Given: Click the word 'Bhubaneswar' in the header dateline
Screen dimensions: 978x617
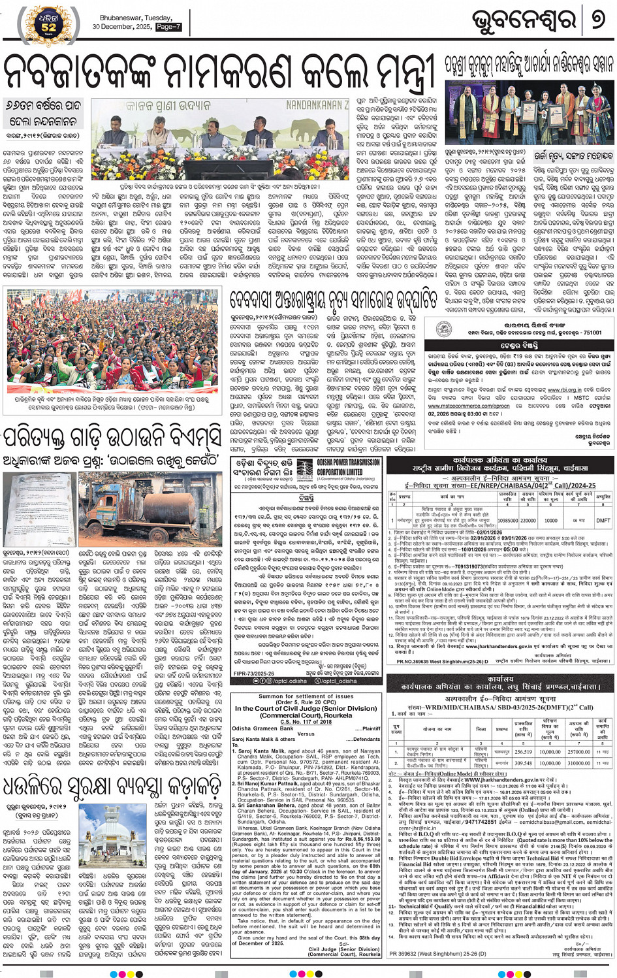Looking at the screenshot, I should [121, 18].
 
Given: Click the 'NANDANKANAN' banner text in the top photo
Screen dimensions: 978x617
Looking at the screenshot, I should [317, 105].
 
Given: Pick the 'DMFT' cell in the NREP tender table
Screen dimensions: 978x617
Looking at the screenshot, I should [603, 521].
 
